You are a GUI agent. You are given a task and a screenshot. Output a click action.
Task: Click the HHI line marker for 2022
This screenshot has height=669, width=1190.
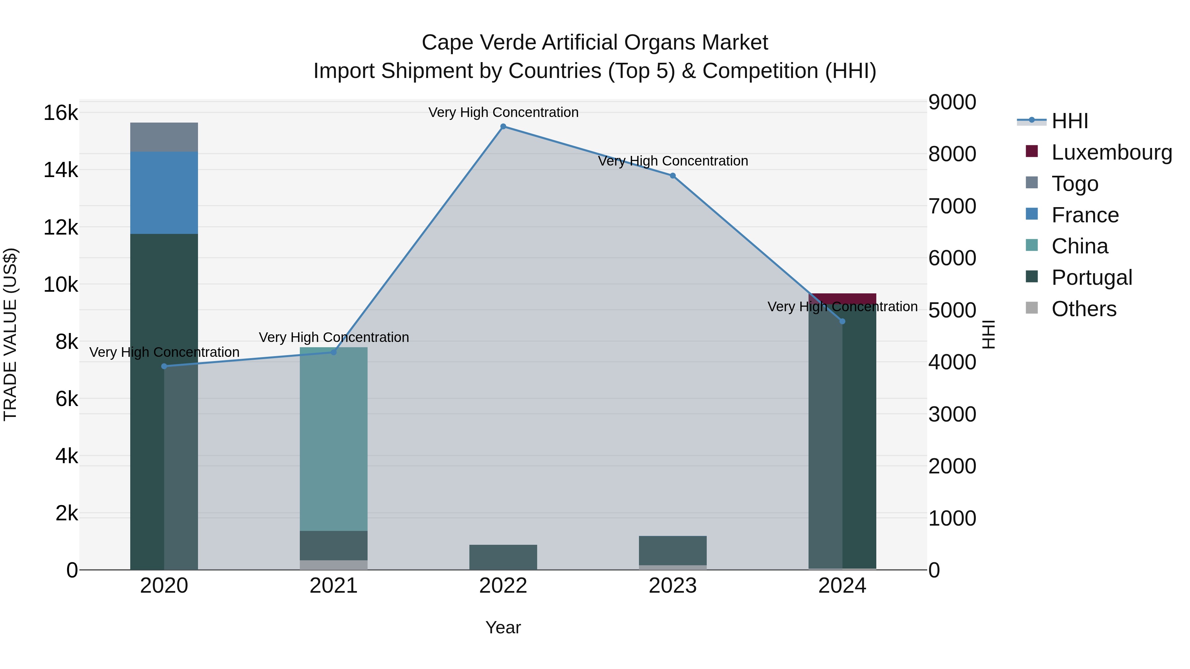[503, 127]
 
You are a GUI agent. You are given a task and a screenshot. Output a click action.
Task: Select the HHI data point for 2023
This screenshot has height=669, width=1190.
[673, 176]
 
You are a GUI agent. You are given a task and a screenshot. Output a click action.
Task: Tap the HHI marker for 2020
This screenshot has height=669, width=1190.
[164, 366]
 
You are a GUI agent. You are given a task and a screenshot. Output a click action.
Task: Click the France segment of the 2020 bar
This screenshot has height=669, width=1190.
[164, 193]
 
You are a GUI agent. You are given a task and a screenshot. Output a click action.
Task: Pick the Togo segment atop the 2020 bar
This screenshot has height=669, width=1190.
[164, 137]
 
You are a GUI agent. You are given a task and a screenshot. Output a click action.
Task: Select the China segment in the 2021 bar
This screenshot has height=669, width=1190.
[334, 439]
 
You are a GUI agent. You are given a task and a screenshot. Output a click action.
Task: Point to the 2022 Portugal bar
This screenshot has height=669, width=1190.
[503, 557]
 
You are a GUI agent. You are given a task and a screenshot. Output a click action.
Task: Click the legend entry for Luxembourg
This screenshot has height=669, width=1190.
[1111, 152]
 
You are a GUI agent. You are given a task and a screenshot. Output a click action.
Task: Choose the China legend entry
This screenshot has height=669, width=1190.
[1079, 246]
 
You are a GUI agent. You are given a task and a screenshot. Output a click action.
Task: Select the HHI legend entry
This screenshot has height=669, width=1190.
[1069, 121]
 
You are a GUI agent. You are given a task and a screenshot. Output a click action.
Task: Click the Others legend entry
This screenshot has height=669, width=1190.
[1083, 309]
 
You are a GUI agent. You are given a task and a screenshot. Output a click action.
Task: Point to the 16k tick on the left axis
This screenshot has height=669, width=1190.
[60, 113]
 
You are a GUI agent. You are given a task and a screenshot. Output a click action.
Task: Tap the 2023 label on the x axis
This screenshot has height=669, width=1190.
[673, 586]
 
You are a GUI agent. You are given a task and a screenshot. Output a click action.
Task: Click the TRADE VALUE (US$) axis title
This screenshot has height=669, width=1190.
[10, 334]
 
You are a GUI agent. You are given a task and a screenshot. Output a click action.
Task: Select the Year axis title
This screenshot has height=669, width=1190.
[503, 627]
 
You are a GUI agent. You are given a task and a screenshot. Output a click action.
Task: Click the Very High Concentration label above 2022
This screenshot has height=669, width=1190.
[503, 113]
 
